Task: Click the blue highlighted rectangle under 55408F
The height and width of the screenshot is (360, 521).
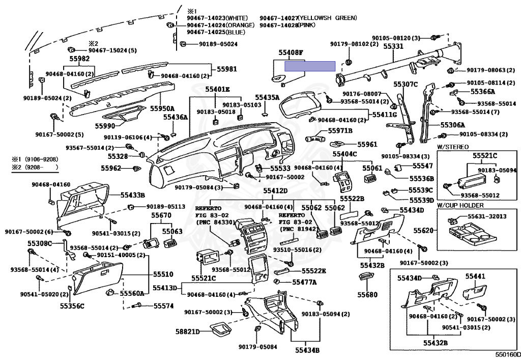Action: coord(309,66)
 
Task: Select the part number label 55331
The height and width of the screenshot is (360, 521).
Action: coord(393,46)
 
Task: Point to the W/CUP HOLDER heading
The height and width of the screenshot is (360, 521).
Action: coord(460,205)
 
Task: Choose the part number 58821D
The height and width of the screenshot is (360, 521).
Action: coord(188,331)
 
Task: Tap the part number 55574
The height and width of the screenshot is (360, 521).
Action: coord(164,306)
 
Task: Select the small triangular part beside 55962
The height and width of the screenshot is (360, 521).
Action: coord(137,168)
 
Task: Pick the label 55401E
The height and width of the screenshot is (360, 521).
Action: coord(218,89)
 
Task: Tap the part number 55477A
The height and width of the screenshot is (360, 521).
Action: coord(304,282)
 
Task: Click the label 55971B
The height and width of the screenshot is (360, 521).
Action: coord(340,131)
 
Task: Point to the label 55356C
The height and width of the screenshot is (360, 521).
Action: coord(72,306)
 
